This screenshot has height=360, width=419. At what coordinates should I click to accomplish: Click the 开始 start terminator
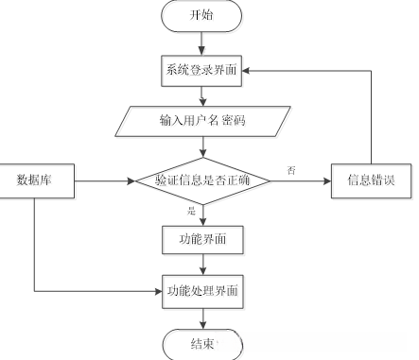(x=202, y=17)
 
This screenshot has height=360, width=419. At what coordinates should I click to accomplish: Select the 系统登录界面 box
(x=202, y=69)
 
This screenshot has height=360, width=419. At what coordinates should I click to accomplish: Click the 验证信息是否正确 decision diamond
(x=202, y=179)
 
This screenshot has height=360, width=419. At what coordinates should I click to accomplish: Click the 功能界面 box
(x=202, y=240)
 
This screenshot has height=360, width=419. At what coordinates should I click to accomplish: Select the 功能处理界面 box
(x=202, y=290)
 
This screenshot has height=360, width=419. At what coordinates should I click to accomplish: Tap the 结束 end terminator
(x=202, y=342)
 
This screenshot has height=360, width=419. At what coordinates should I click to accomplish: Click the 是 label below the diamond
(x=192, y=211)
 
